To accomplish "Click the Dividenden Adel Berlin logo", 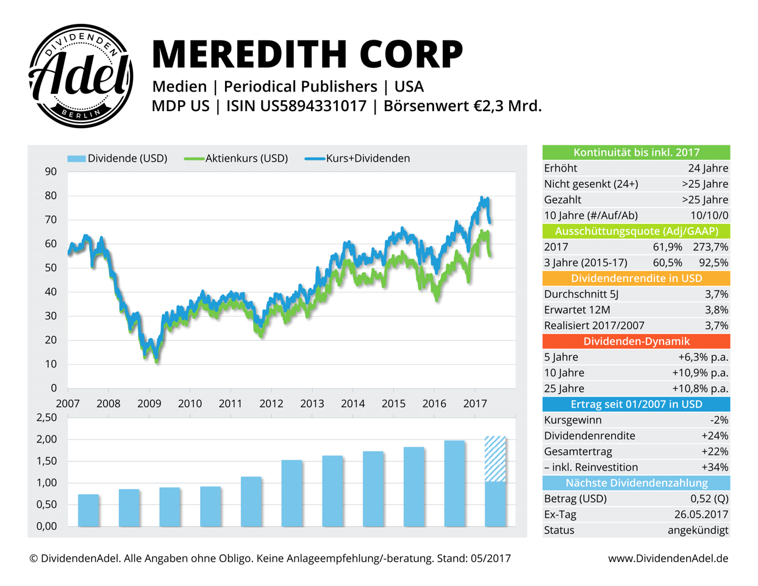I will pyautogui.click(x=81, y=76).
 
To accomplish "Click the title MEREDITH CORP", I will pyautogui.click(x=307, y=54).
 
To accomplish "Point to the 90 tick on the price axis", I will pyautogui.click(x=51, y=172).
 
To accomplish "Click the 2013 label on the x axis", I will pyautogui.click(x=312, y=403).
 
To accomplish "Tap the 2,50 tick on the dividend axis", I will pyautogui.click(x=47, y=418).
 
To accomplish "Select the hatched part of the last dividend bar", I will pyautogui.click(x=495, y=458).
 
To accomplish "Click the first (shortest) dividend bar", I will pyautogui.click(x=88, y=510).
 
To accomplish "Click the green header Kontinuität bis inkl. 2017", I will pyautogui.click(x=636, y=153).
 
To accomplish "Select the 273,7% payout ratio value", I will pyautogui.click(x=710, y=247).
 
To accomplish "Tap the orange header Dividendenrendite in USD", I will pyautogui.click(x=636, y=278).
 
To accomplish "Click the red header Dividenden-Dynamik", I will pyautogui.click(x=636, y=341).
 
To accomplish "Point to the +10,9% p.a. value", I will pyautogui.click(x=700, y=373).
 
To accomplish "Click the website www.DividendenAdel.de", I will pyautogui.click(x=668, y=559).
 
